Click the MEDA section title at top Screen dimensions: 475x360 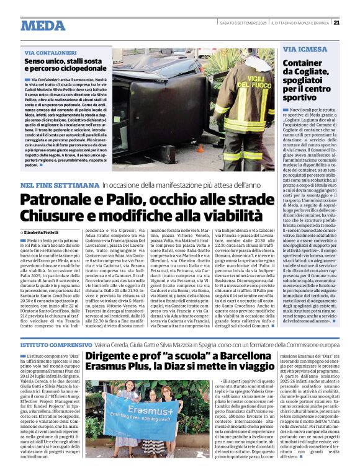pos(43,25)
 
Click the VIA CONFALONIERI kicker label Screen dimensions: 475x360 pos(46,54)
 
